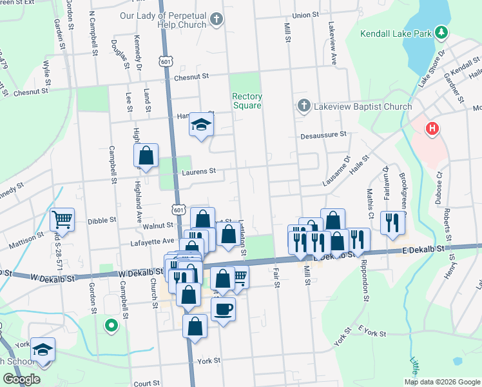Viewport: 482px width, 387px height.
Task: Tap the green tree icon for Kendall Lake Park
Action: coord(441,32)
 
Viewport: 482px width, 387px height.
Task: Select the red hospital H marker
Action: coord(432,129)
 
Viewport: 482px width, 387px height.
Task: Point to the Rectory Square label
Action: coord(247,101)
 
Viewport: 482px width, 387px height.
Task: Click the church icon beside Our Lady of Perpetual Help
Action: coord(217,19)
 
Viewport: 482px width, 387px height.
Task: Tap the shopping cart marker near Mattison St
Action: coord(62,219)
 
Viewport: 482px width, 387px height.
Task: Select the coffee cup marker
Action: coord(223,308)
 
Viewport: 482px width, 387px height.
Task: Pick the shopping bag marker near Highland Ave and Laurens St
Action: coord(146,155)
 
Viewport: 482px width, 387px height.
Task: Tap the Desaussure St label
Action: coord(323,135)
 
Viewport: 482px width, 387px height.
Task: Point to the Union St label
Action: coord(305,14)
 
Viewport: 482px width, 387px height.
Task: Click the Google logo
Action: coord(22,379)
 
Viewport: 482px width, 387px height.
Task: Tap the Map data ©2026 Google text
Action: coord(442,382)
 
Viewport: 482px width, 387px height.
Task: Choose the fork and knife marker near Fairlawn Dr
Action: coord(392,223)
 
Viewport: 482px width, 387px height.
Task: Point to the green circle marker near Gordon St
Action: coord(111,326)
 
